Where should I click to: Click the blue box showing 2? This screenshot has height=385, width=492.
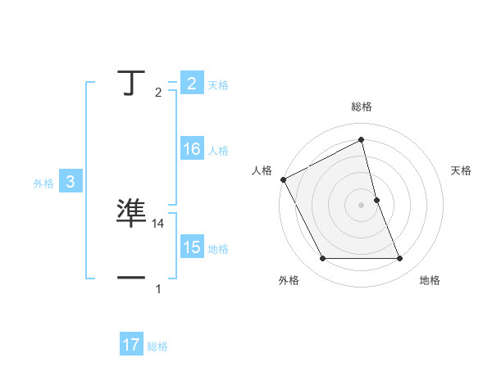click(x=191, y=84)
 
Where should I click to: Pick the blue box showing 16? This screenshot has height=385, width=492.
click(x=191, y=149)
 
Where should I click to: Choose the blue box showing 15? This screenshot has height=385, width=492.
click(x=191, y=247)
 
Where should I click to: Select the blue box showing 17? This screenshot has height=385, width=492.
click(x=130, y=345)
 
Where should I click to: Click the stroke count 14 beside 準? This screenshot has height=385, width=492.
click(x=159, y=223)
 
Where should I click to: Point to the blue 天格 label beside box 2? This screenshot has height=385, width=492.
click(x=218, y=84)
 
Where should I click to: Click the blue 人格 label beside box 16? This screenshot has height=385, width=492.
click(x=218, y=150)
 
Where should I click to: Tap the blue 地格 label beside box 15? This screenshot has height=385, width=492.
click(x=218, y=248)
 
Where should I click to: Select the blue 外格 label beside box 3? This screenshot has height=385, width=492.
click(x=43, y=183)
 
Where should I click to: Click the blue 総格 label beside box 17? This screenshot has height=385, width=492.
click(x=157, y=346)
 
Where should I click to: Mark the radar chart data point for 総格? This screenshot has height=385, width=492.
click(x=361, y=139)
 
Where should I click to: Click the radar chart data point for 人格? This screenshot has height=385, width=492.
click(x=283, y=179)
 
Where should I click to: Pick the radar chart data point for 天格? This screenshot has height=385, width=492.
click(x=376, y=200)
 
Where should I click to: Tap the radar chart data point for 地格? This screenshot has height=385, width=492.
click(x=399, y=259)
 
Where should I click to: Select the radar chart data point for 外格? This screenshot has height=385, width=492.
click(x=322, y=259)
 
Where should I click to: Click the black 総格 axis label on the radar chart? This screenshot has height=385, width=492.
click(x=362, y=106)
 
